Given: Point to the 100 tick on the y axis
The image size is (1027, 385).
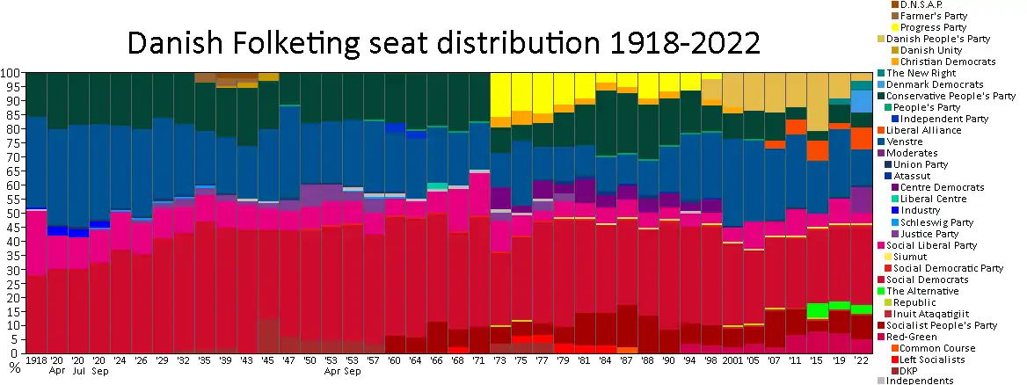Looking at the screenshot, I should pyautogui.click(x=11, y=73).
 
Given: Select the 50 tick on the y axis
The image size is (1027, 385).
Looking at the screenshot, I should pyautogui.click(x=14, y=214).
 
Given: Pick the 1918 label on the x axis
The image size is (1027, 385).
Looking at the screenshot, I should pyautogui.click(x=37, y=360).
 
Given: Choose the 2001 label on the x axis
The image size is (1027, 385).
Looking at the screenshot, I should pyautogui.click(x=732, y=360).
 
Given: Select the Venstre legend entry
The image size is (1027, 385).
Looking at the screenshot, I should pyautogui.click(x=906, y=142).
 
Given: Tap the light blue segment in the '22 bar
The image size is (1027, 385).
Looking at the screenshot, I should pyautogui.click(x=862, y=102).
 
